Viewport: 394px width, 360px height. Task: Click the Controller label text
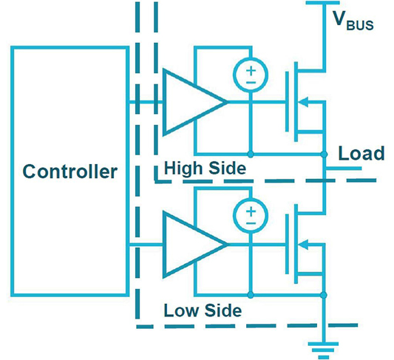[69, 171]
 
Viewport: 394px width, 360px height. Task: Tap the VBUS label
[353, 21]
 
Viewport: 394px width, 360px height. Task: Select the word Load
[361, 153]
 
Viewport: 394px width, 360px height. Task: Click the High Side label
[205, 169]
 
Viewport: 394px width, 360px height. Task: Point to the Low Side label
[203, 310]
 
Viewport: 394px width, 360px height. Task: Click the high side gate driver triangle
[164, 102]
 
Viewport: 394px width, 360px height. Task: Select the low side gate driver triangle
[164, 244]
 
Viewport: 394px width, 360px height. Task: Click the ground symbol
[323, 350]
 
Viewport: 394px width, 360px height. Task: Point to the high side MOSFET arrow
[303, 102]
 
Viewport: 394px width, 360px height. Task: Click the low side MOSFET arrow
[303, 244]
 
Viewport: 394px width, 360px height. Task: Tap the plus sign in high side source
[251, 71]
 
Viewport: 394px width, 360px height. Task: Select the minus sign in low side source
[251, 223]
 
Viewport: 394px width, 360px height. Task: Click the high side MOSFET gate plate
[287, 101]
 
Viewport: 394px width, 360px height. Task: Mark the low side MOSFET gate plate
[287, 244]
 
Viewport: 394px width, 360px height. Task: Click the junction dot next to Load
[324, 154]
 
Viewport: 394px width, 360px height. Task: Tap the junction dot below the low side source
[251, 295]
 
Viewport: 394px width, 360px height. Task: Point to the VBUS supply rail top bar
[322, 3]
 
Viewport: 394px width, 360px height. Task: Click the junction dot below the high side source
[251, 154]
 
